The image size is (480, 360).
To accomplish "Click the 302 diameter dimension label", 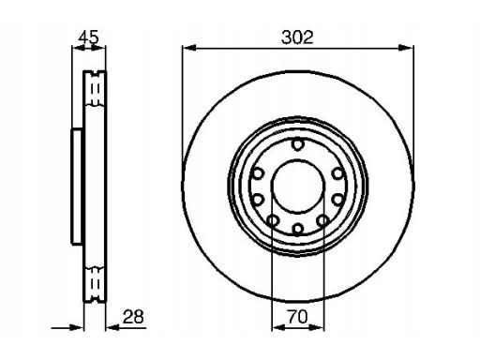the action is [x=297, y=37].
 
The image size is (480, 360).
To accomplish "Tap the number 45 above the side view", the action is [x=88, y=37].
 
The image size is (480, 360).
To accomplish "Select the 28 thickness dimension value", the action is [x=133, y=317].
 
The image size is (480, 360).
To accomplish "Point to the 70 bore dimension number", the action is [x=298, y=317].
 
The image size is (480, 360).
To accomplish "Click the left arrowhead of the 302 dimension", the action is [x=189, y=48].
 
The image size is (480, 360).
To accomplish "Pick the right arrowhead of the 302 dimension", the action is [x=406, y=48].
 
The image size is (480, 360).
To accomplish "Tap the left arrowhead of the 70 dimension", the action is [x=278, y=327].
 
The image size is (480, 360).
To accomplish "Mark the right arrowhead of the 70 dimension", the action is [x=317, y=327].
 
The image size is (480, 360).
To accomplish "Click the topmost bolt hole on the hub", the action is [x=298, y=144].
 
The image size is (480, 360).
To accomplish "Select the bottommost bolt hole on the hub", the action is [x=298, y=229].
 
